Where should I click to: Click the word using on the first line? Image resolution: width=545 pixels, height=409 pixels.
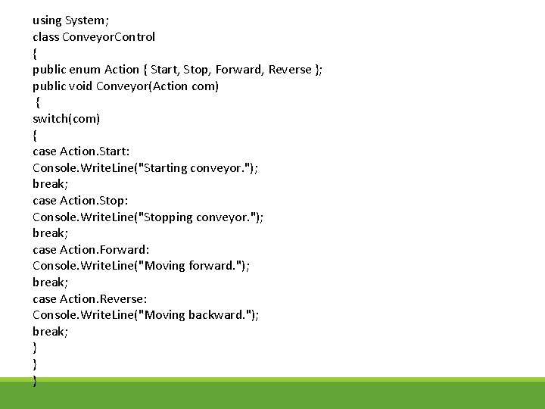[x=47, y=20]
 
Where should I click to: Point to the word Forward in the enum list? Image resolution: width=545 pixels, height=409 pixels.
[x=238, y=70]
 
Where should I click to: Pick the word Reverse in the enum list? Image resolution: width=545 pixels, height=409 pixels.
[x=291, y=70]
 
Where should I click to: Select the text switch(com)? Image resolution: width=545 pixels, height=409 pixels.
[x=67, y=119]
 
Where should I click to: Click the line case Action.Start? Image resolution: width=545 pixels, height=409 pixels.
[x=81, y=151]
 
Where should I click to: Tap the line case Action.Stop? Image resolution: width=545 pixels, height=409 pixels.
[x=80, y=201]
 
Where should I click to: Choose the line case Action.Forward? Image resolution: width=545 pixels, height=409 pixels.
[x=90, y=249]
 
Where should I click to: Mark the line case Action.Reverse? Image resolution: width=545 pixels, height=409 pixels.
[x=89, y=298]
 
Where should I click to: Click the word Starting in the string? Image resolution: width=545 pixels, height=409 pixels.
[x=167, y=168]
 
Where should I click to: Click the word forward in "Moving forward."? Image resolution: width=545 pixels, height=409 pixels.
[x=210, y=266]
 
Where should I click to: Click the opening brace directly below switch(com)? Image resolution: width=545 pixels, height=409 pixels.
[x=35, y=136]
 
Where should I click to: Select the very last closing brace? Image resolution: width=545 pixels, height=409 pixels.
[x=35, y=381]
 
